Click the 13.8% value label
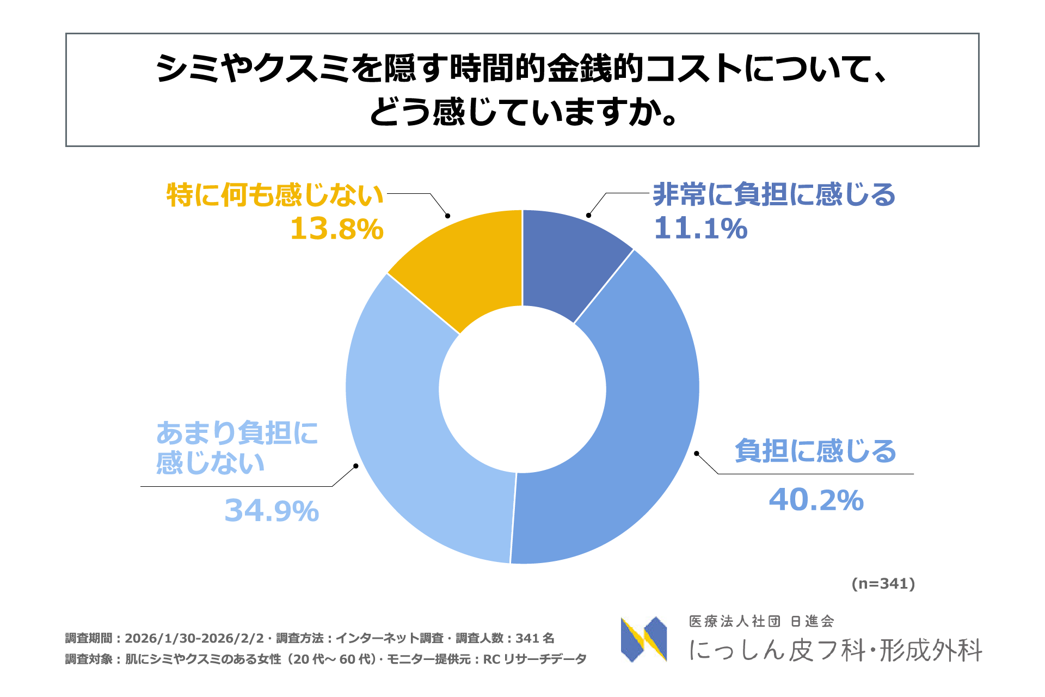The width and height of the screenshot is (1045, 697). tap(336, 229)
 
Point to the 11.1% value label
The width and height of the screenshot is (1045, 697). tap(700, 228)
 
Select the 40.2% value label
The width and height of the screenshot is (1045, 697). tap(816, 500)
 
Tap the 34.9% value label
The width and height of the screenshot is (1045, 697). tap(272, 511)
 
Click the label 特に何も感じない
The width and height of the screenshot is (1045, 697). tap(275, 195)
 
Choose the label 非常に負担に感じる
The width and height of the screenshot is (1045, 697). tap(773, 194)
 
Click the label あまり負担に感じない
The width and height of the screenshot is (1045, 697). tap(237, 448)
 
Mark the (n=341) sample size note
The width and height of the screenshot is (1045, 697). tap(883, 584)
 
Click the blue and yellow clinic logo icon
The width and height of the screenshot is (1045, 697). tap(644, 639)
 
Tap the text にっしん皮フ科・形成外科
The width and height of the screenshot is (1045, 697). tap(835, 650)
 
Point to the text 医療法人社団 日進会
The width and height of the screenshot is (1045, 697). tap(761, 621)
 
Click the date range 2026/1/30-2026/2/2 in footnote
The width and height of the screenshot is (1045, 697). tap(194, 638)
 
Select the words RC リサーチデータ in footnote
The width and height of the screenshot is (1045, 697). tap(534, 659)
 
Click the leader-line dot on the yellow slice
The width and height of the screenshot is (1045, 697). tap(447, 216)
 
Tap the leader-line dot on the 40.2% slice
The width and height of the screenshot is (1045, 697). tap(697, 453)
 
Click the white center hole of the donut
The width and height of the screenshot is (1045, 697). tap(522, 389)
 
